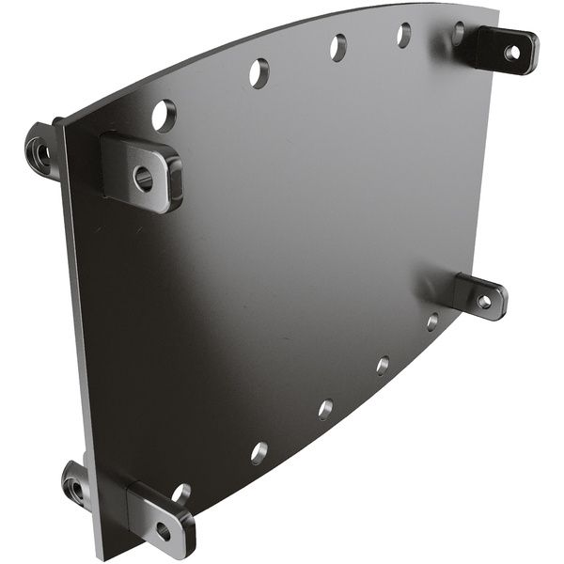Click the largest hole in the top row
point(164,115)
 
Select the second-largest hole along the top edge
point(258,72)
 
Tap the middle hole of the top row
point(337,47)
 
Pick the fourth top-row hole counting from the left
point(403,35)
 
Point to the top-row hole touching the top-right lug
point(459,34)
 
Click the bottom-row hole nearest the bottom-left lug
point(180,493)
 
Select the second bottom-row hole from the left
point(259,452)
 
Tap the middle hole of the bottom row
point(325,409)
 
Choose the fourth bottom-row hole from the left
point(383,365)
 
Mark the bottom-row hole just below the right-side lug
point(432,321)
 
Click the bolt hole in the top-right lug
point(511,53)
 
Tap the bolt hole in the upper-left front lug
point(143,176)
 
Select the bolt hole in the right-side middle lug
point(484,302)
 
